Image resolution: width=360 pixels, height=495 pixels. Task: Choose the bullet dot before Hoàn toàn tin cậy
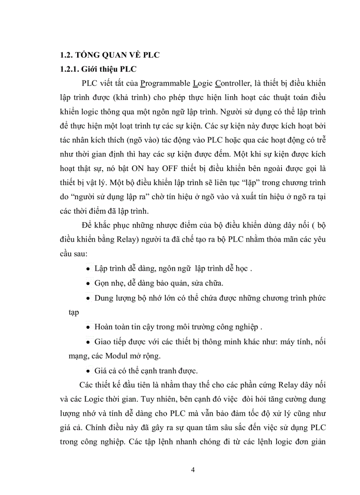[89, 328]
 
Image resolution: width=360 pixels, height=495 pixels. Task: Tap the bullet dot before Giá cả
[89, 370]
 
